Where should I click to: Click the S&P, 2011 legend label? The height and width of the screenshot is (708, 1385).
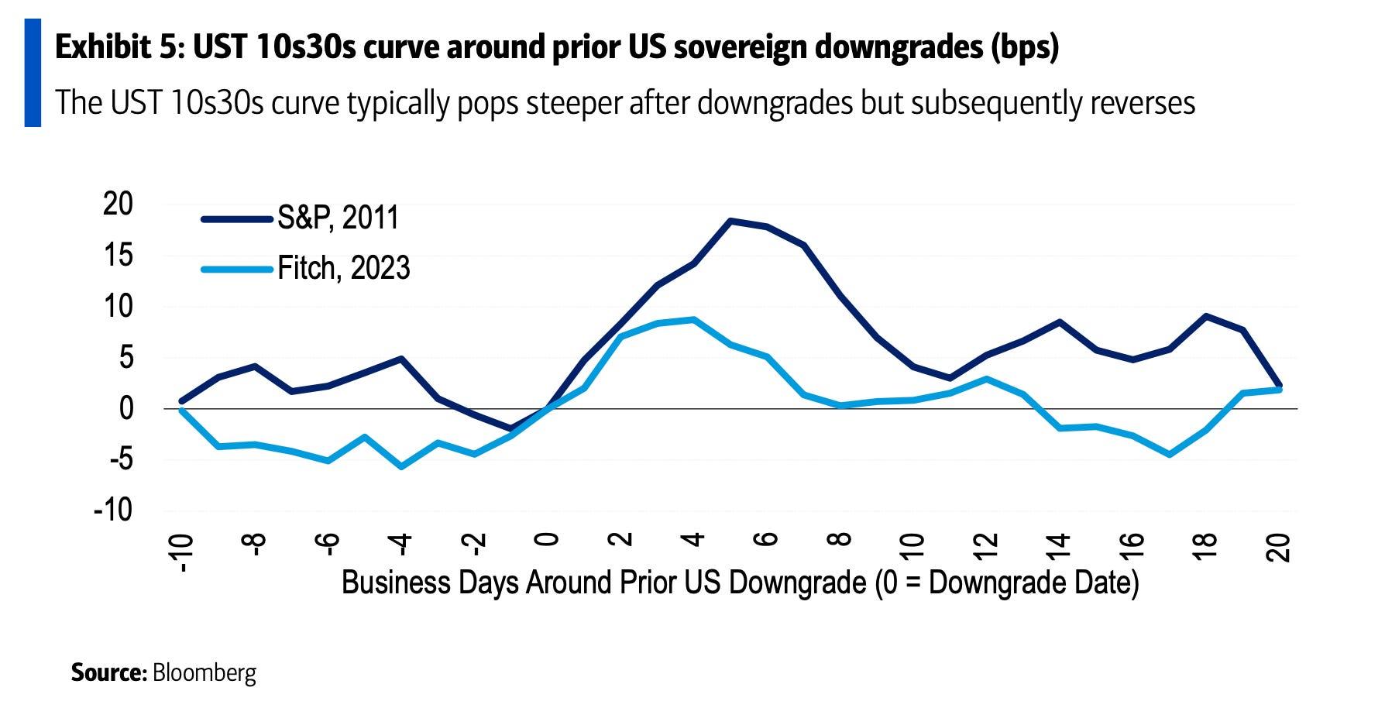point(338,218)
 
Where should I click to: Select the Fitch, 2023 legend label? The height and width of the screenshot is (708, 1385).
point(343,268)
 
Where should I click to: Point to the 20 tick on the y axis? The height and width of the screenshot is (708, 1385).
point(118,204)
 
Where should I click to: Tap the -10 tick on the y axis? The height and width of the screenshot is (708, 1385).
point(113,510)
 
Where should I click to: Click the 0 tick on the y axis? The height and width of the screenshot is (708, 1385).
point(125,408)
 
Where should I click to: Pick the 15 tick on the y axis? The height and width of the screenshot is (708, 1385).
point(118,255)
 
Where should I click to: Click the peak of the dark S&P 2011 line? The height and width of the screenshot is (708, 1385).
point(730,221)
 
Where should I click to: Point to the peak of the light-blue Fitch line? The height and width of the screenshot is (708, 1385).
point(693,319)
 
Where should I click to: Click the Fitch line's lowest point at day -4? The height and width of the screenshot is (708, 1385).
point(401,467)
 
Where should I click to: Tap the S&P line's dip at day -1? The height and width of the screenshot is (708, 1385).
point(510,428)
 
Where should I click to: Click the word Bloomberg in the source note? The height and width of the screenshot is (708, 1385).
point(204,672)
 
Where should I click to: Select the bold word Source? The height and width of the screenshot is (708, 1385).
point(108,672)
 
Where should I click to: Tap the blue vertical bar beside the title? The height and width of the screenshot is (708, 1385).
point(33,73)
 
